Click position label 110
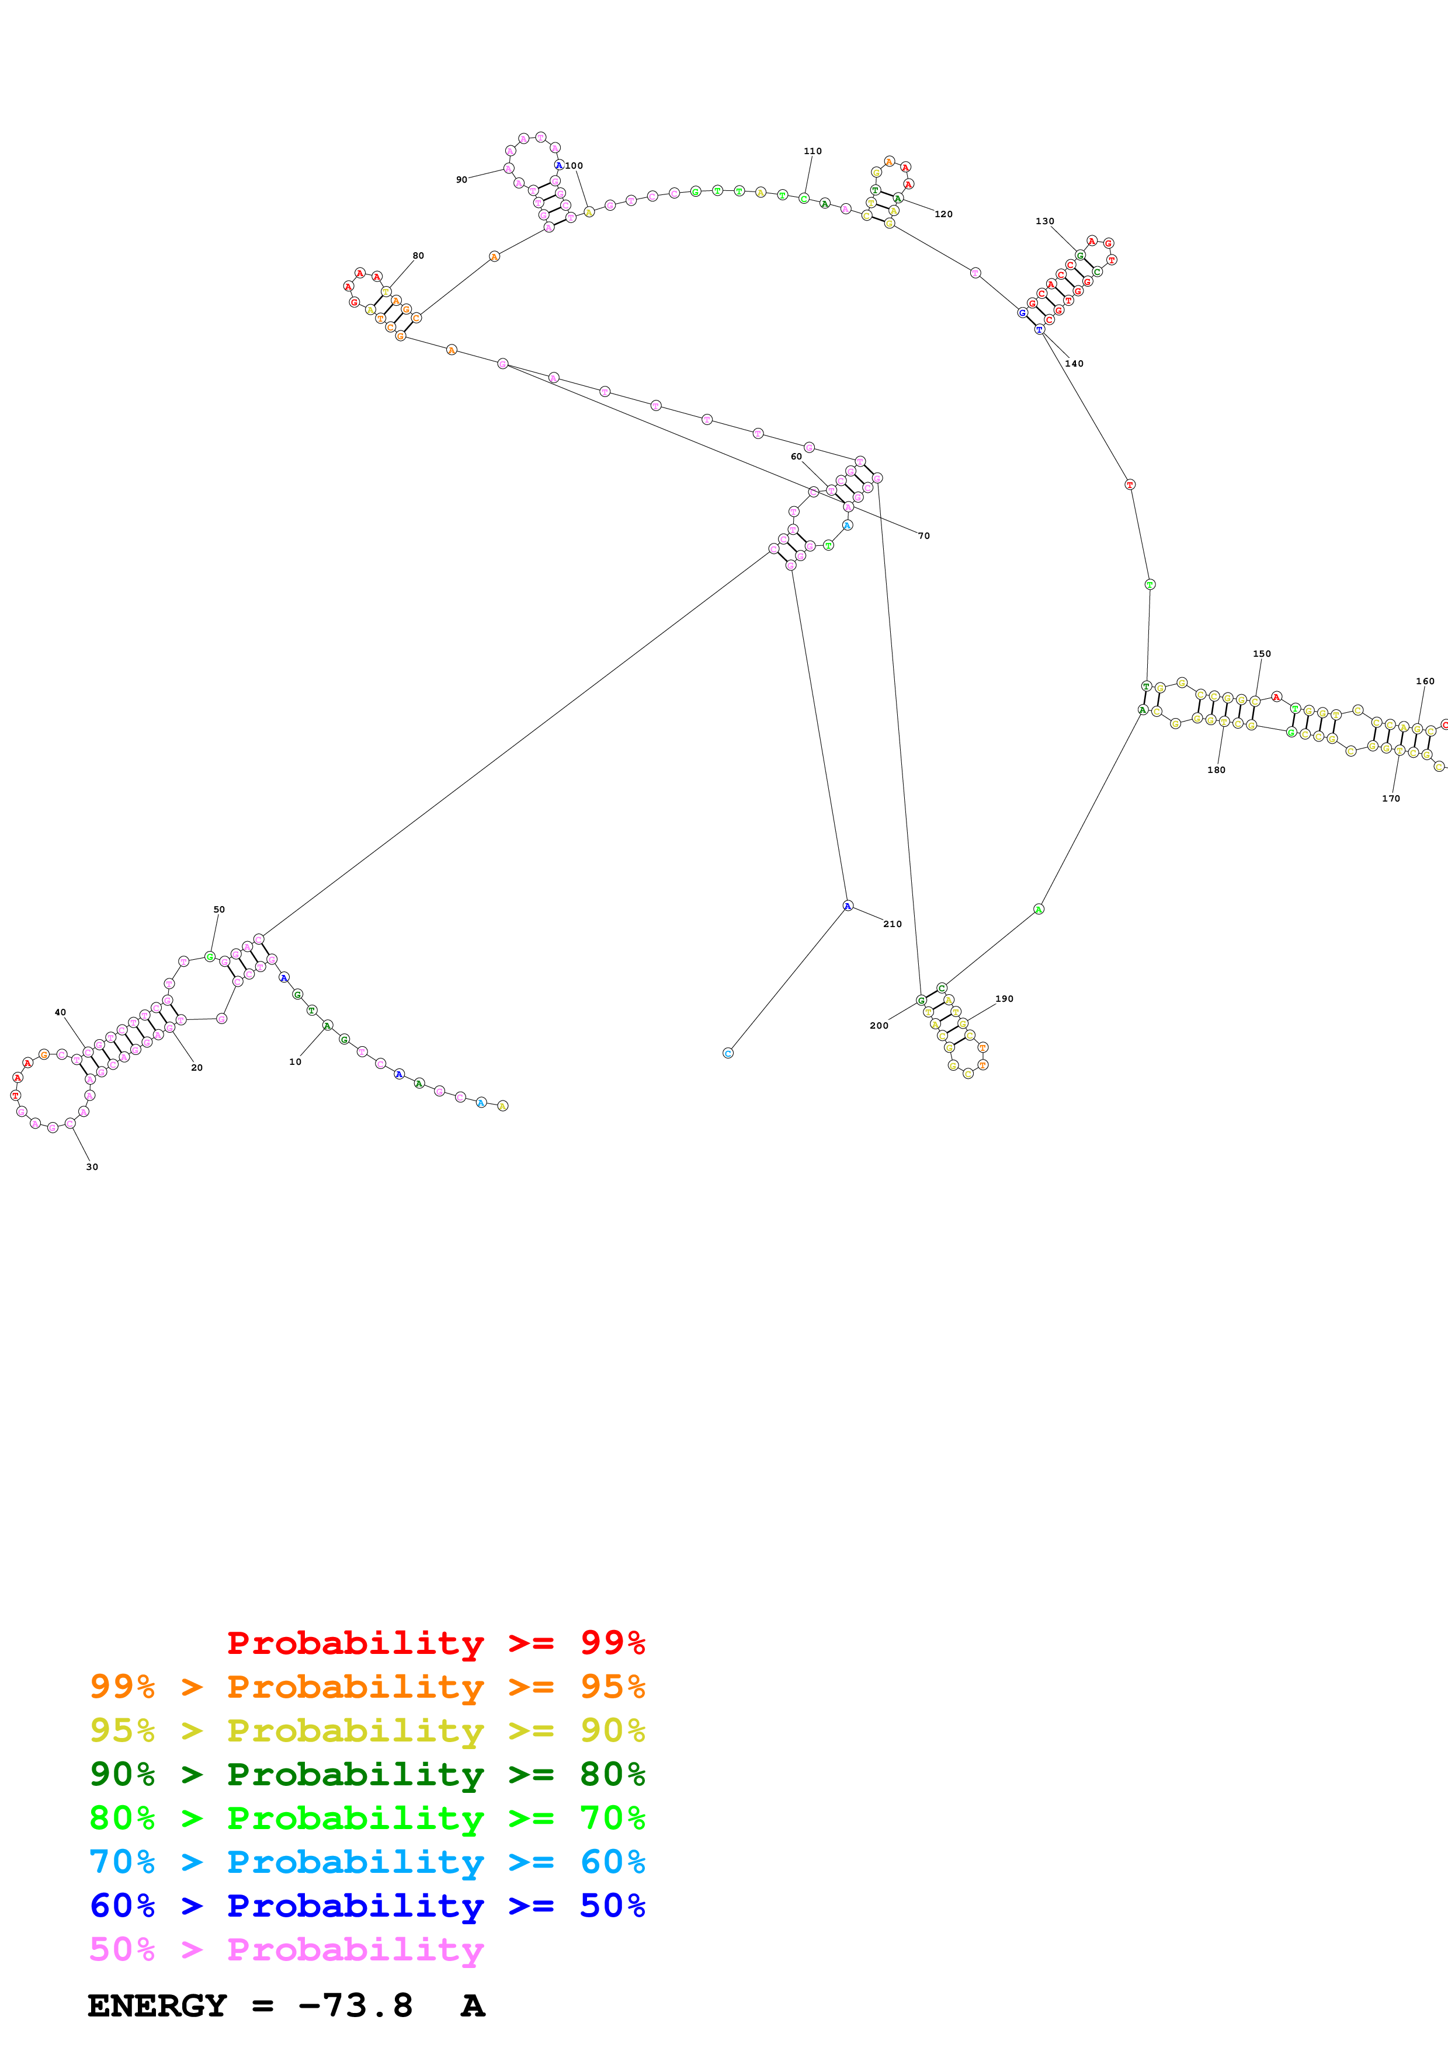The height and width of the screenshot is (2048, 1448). click(x=812, y=151)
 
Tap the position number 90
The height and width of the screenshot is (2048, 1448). click(x=461, y=179)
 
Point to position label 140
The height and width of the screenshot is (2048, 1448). click(x=1074, y=363)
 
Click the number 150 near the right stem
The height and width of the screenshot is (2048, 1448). click(x=1262, y=654)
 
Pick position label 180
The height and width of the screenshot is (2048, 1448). click(x=1216, y=770)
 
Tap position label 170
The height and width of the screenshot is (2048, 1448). click(x=1391, y=798)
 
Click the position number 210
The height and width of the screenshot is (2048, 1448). click(x=892, y=924)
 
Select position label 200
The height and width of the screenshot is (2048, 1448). click(x=879, y=1026)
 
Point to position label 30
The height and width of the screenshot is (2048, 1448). click(x=92, y=1166)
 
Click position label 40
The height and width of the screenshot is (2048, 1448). click(x=60, y=1012)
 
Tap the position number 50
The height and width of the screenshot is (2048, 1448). click(x=218, y=910)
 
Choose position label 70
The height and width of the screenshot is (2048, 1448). click(x=923, y=536)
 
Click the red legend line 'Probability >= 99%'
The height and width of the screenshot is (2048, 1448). click(x=435, y=1643)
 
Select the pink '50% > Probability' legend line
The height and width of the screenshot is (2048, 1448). click(x=286, y=1950)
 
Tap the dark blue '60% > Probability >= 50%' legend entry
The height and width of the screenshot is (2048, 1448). click(x=367, y=1906)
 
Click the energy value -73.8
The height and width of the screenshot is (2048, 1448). click(x=355, y=2006)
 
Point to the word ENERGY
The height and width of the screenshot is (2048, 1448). click(x=156, y=2006)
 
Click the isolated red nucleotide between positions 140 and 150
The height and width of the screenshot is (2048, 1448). click(x=1130, y=485)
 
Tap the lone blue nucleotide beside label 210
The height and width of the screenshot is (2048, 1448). click(x=848, y=906)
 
